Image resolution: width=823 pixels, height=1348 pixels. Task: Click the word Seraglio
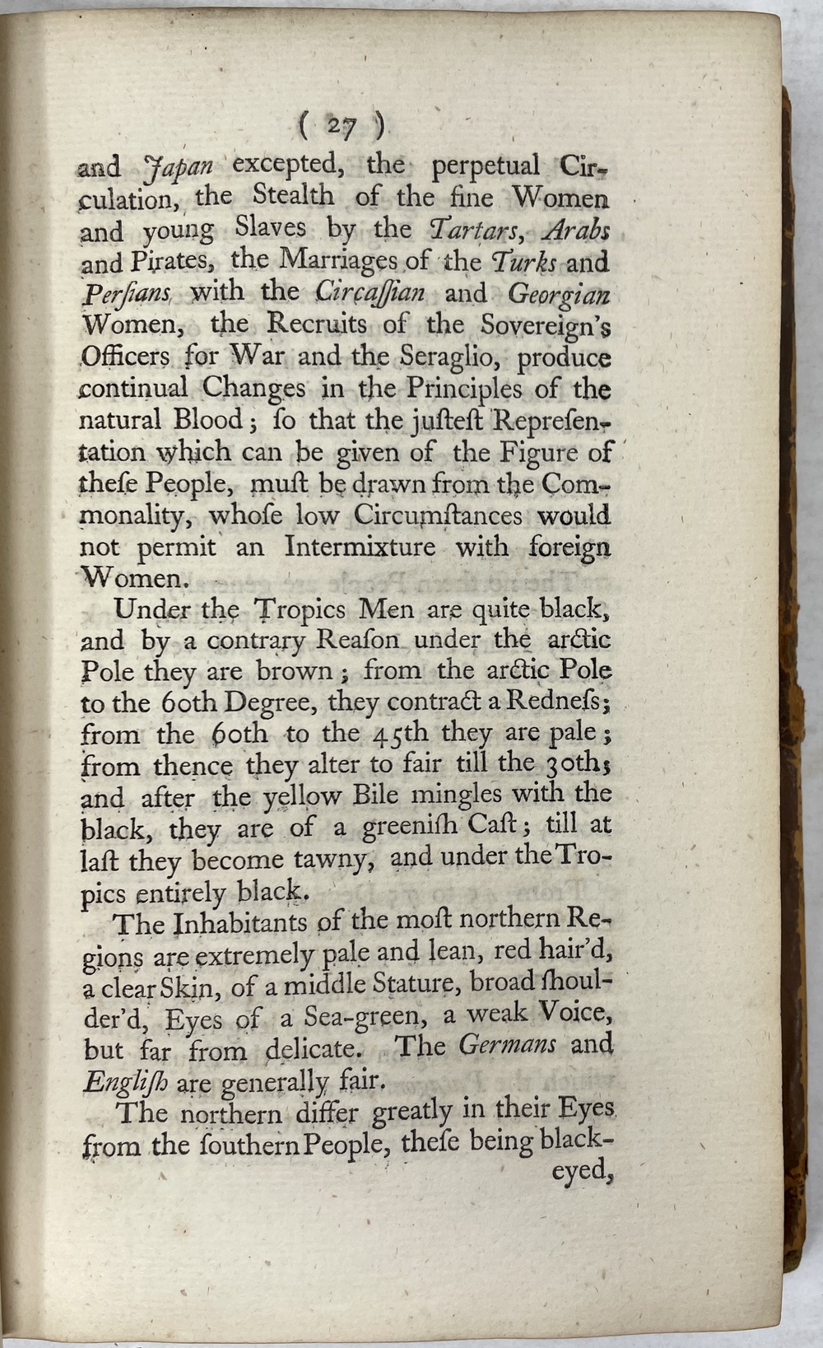pos(453,357)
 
